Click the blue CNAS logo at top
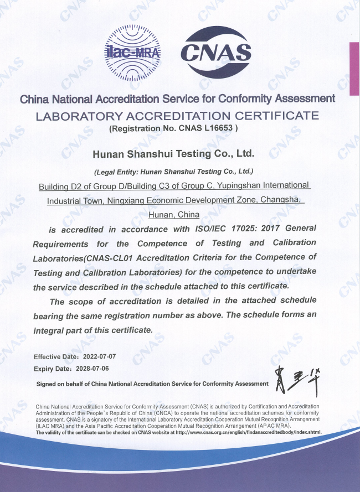216,53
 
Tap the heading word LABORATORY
78,116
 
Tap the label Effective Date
53,356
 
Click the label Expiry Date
51,368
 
